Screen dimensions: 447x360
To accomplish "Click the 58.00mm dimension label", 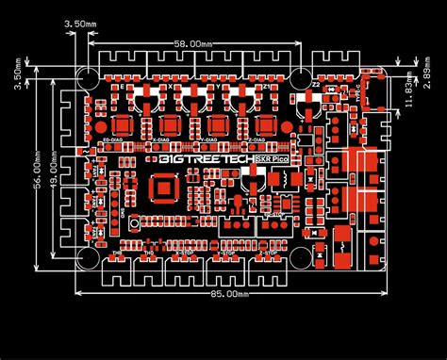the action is point(191,42).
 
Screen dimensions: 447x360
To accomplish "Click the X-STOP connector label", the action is point(183,254).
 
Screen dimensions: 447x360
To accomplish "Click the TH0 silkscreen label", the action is point(148,254).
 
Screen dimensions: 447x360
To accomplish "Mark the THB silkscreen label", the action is point(117,254).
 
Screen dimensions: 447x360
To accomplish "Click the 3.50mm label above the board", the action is point(81,22).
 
